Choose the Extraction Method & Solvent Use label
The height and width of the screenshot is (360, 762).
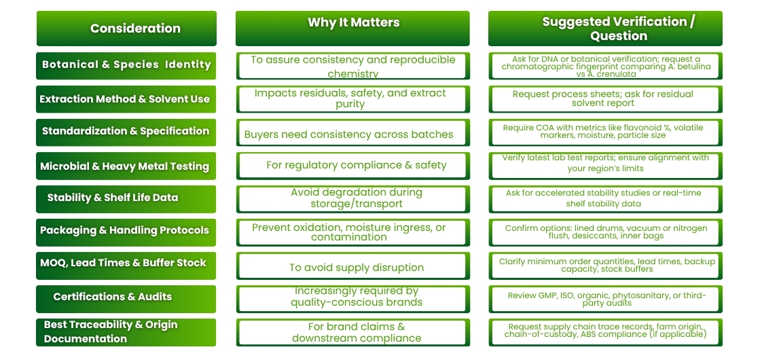(x=126, y=99)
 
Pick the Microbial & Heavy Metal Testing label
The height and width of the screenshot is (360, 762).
(x=126, y=166)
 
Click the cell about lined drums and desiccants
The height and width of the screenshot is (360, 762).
(x=606, y=232)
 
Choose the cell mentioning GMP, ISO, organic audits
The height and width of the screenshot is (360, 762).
(x=606, y=299)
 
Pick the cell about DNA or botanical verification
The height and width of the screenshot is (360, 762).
(x=606, y=66)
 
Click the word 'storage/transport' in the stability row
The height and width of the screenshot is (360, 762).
(x=357, y=204)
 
